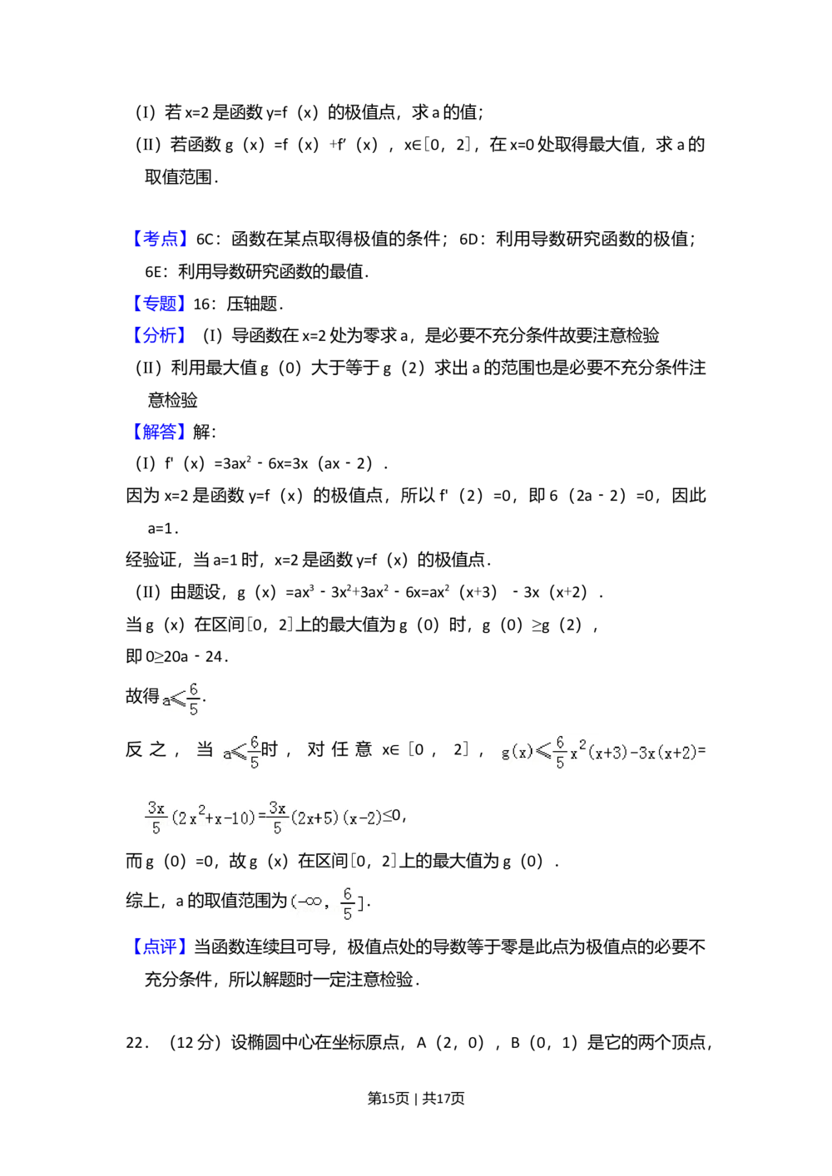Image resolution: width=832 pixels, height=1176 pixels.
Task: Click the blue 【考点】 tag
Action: (x=160, y=240)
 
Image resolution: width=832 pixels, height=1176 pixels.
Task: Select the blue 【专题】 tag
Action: (x=160, y=303)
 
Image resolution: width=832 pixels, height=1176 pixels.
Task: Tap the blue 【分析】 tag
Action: (x=160, y=335)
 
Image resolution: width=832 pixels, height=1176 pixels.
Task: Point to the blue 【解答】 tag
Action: (x=160, y=432)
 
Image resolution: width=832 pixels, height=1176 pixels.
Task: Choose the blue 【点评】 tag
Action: (x=160, y=946)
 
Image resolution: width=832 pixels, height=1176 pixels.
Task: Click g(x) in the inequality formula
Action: (x=517, y=753)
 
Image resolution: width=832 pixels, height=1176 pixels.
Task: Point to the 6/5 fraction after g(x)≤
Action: (x=560, y=752)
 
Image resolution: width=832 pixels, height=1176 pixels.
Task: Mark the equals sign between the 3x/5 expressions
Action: (x=262, y=817)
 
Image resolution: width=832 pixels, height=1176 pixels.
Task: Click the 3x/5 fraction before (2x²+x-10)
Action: (x=156, y=818)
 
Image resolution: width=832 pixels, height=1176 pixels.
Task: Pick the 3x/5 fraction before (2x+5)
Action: (x=277, y=818)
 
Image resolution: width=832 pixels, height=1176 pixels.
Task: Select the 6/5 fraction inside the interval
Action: (x=348, y=902)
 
